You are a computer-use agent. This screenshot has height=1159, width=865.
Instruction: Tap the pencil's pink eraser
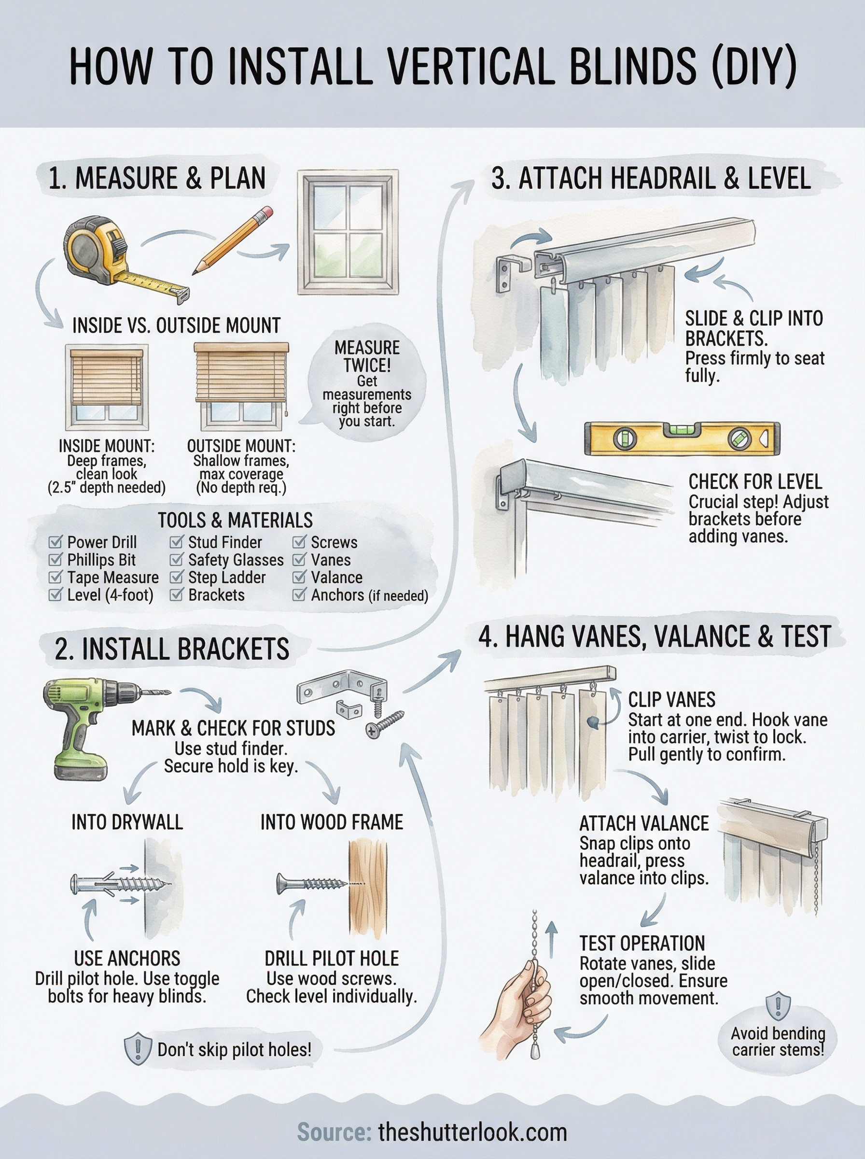(x=266, y=212)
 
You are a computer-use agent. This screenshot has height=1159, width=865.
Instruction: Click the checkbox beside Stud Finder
(x=177, y=541)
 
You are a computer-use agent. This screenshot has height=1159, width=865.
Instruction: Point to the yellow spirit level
(x=682, y=438)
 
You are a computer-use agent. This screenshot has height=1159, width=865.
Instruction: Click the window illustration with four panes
(x=348, y=232)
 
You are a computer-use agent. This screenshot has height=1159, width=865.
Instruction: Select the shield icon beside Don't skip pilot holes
(x=137, y=1049)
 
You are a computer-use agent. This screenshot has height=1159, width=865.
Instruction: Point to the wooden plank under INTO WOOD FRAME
(x=368, y=888)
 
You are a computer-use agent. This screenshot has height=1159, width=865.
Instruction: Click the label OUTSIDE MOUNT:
(x=241, y=446)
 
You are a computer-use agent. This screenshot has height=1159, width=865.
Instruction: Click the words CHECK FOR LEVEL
(x=754, y=482)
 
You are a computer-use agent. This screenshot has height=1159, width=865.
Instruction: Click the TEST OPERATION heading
(x=642, y=943)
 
